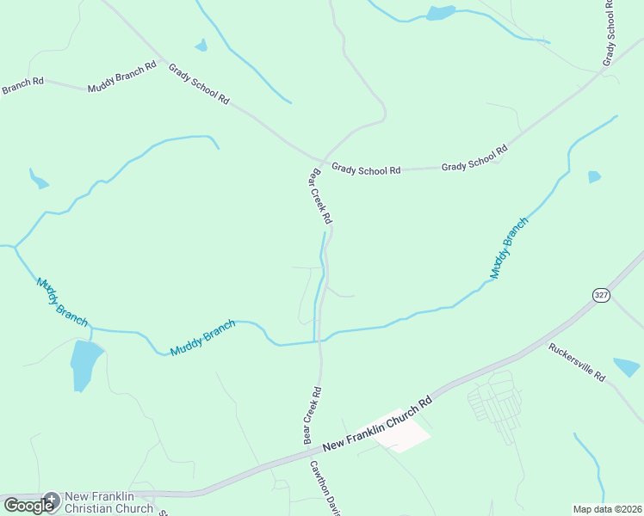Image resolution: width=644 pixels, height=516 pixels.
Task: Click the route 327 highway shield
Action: point(600,295)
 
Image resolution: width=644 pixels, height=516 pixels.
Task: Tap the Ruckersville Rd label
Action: point(577,363)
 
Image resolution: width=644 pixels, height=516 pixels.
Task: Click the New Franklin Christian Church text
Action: point(109,502)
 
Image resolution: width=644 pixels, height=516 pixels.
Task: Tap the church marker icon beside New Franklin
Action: point(51,499)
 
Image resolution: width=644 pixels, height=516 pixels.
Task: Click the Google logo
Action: point(28,506)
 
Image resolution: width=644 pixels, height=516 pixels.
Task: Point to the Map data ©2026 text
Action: point(607,509)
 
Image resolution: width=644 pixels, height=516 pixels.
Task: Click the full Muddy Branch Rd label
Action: point(121,77)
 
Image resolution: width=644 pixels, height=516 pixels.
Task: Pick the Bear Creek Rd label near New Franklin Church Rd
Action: point(312,415)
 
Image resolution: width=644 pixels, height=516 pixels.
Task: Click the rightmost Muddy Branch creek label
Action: point(509,248)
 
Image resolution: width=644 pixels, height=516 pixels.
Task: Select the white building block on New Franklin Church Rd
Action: point(400,430)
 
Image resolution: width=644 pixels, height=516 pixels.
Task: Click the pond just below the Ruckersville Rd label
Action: point(626,367)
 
